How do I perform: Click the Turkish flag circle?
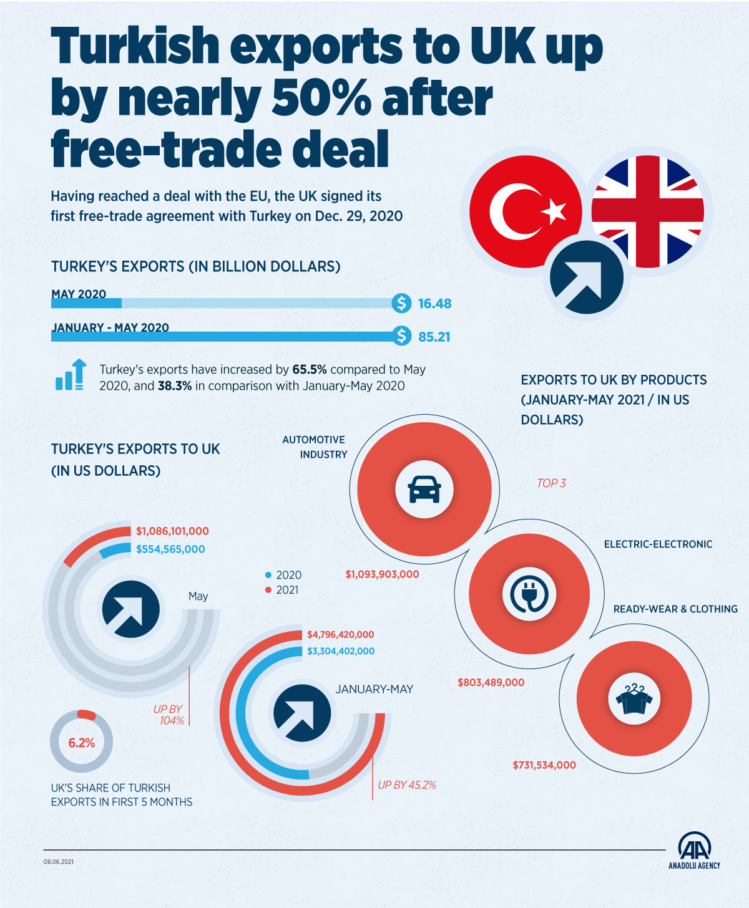pyautogui.click(x=526, y=211)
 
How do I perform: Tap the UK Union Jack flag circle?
pyautogui.click(x=648, y=211)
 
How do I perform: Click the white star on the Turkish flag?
pyautogui.click(x=554, y=211)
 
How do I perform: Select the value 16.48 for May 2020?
pyautogui.click(x=434, y=304)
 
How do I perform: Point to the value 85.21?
pyautogui.click(x=434, y=337)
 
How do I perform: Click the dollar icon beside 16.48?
pyautogui.click(x=401, y=303)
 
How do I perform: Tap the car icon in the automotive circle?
pyautogui.click(x=424, y=488)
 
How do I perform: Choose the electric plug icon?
pyautogui.click(x=529, y=594)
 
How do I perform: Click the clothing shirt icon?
pyautogui.click(x=634, y=698)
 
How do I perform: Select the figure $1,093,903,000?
pyautogui.click(x=382, y=574)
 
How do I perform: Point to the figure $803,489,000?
pyautogui.click(x=491, y=682)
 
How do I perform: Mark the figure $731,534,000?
pyautogui.click(x=544, y=765)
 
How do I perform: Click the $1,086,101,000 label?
pyautogui.click(x=172, y=531)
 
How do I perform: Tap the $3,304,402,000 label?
pyautogui.click(x=341, y=651)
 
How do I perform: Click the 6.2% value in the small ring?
pyautogui.click(x=82, y=743)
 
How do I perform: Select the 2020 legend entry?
pyautogui.click(x=284, y=575)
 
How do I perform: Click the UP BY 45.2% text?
pyautogui.click(x=407, y=785)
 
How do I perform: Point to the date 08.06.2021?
pyautogui.click(x=59, y=862)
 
